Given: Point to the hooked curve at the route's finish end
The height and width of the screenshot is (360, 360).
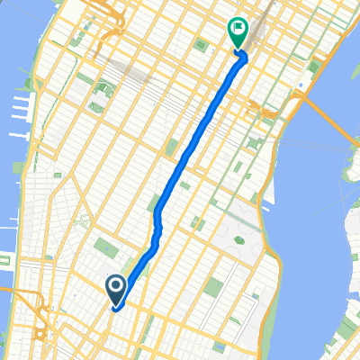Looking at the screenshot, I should pyautogui.click(x=242, y=58).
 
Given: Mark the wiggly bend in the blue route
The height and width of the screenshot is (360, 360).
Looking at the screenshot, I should pyautogui.click(x=158, y=216).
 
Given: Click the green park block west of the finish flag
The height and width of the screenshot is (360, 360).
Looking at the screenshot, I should pyautogui.click(x=201, y=45).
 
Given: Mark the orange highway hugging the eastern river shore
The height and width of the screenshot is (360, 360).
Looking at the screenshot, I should pyautogui.click(x=270, y=171).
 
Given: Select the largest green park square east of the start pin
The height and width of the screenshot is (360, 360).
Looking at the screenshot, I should pyautogui.click(x=213, y=289).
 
